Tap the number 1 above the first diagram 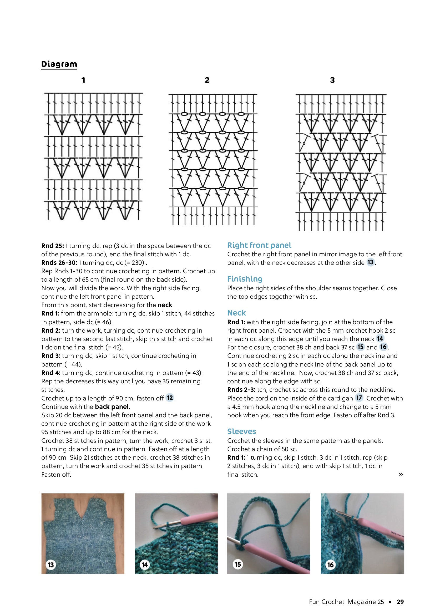click(83, 80)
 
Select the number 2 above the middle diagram click(207, 80)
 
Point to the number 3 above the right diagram click(332, 80)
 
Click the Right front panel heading click(259, 245)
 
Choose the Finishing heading click(245, 279)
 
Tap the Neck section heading click(236, 313)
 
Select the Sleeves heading click(242, 431)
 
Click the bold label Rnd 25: click(53, 246)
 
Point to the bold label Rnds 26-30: click(59, 263)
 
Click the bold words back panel click(112, 406)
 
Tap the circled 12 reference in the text click(170, 398)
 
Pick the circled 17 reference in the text click(359, 398)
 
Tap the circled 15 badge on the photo click(237, 564)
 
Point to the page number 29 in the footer click(400, 602)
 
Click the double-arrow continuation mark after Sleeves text click(401, 474)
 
